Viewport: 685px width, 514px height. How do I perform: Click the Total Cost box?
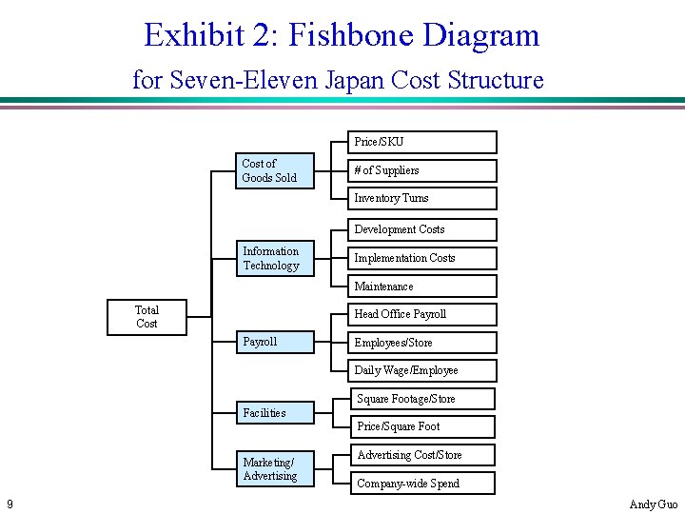pos(147,317)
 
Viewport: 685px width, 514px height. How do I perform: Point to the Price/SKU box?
pos(421,142)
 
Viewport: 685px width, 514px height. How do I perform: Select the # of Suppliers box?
pos(421,170)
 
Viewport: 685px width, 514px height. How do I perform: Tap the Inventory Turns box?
pos(421,198)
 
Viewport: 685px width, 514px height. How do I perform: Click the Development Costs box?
pos(421,229)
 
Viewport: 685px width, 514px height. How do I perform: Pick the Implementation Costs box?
pos(421,258)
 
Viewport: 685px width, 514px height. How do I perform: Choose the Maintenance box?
pos(421,287)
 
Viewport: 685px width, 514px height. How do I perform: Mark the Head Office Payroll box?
pos(421,314)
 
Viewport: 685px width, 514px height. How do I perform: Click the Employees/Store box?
pos(421,343)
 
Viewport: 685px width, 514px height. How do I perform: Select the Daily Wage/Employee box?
pos(421,370)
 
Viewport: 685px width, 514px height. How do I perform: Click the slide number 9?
pos(9,504)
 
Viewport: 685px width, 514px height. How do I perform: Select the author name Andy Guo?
pos(655,504)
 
